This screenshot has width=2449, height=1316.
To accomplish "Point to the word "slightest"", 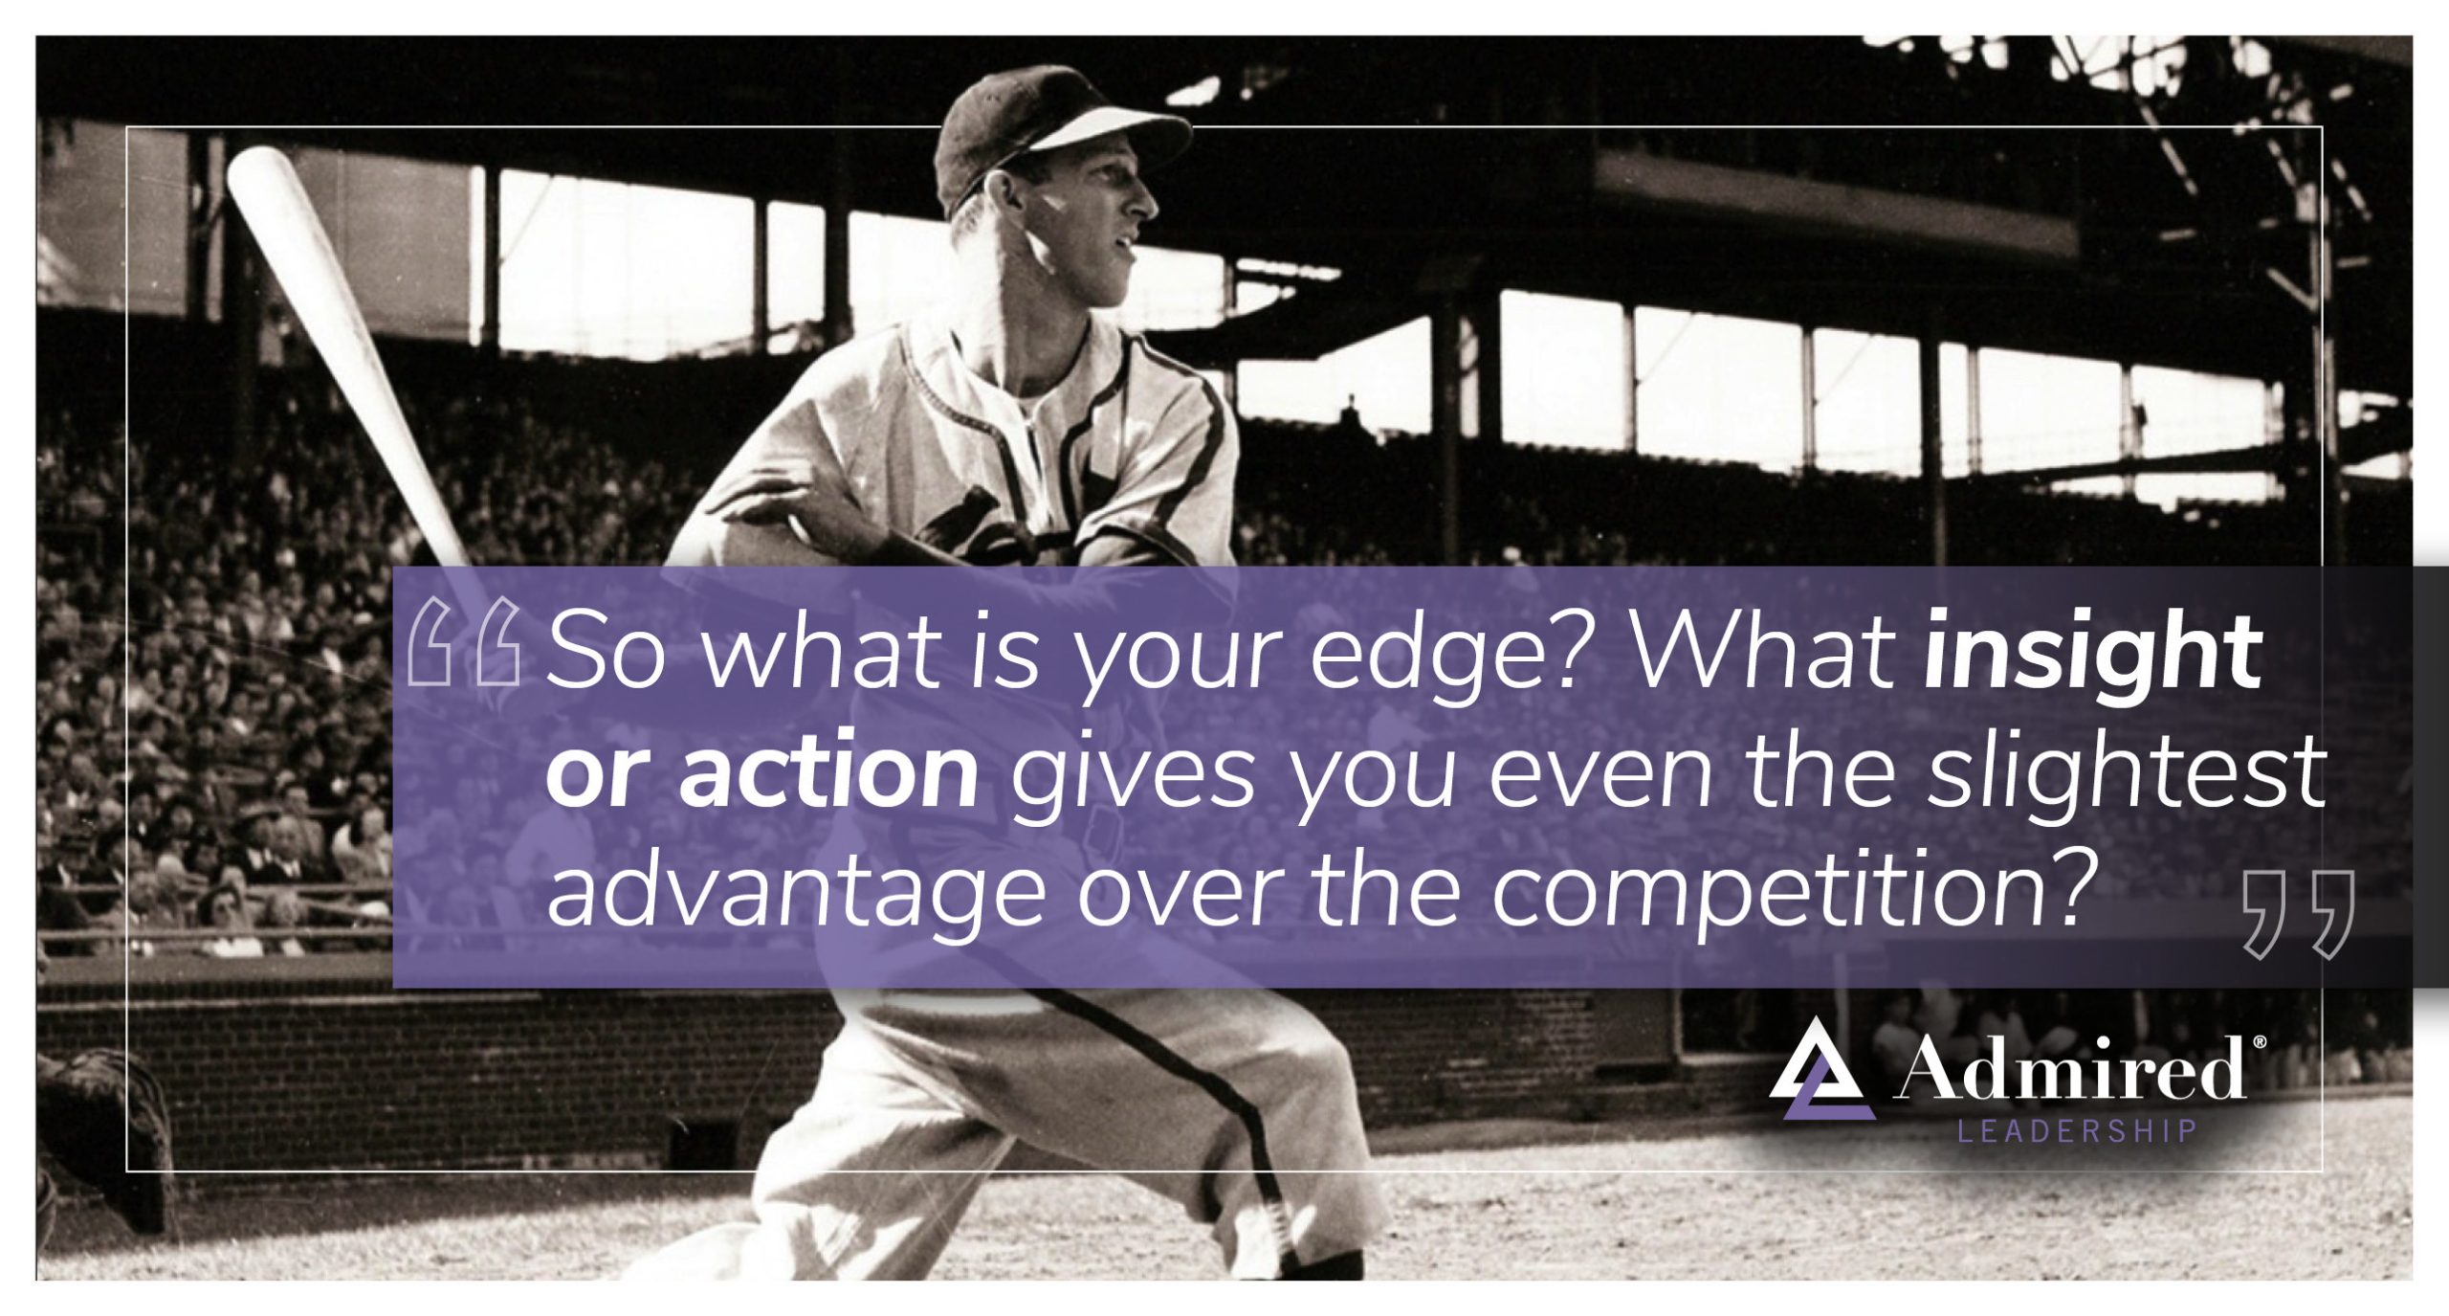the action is (x=2127, y=773).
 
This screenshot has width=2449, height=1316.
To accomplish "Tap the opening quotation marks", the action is (x=464, y=643).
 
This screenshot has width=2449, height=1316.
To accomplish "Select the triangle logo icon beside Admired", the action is (x=1821, y=1068).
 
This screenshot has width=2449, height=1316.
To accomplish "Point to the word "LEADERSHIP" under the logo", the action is (x=2077, y=1132).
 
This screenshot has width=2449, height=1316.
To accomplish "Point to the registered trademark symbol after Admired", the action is (x=2259, y=1040).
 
